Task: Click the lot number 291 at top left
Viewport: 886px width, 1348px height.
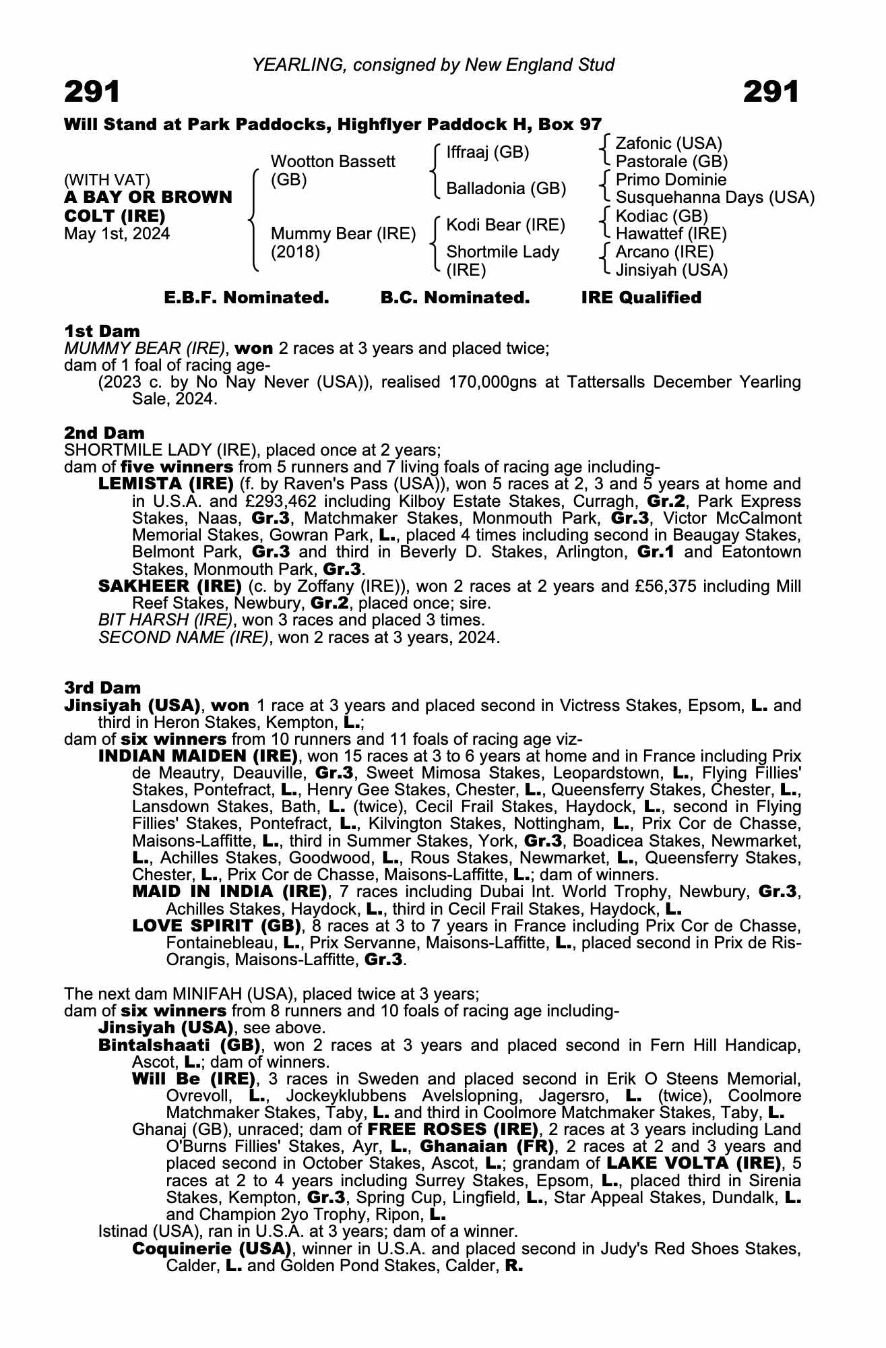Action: click(92, 92)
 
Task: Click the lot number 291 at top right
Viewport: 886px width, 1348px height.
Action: click(771, 92)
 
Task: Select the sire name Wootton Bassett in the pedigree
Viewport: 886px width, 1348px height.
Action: click(333, 162)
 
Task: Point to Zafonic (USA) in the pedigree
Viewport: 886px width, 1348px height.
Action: click(668, 144)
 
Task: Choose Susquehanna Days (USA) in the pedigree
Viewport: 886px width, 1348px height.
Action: click(715, 197)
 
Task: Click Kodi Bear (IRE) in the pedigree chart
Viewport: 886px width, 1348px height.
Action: click(505, 224)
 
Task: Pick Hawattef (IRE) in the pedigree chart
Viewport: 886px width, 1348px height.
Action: click(671, 234)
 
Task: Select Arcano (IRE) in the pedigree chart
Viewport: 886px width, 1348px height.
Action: click(664, 252)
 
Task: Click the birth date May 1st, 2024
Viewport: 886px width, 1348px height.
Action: click(117, 234)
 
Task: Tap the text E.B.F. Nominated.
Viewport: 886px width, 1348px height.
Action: click(247, 298)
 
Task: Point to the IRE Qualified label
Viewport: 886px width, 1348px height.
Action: click(641, 298)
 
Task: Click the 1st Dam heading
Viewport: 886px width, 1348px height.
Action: click(102, 331)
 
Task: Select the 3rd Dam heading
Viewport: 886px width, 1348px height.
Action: click(102, 687)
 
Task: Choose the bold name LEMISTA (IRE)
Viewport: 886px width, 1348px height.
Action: click(166, 484)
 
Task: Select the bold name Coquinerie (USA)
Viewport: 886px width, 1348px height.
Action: click(212, 1249)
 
